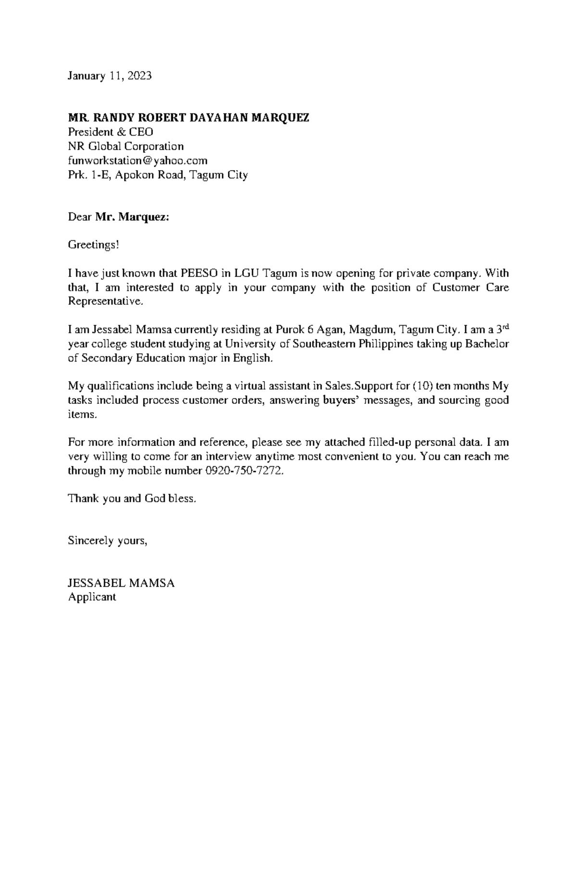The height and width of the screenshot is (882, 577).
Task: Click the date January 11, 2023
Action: [110, 76]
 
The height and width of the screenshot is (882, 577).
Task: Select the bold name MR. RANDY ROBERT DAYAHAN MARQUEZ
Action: [188, 118]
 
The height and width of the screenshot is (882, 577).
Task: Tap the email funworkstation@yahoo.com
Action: [138, 160]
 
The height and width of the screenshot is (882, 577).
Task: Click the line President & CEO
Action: [111, 132]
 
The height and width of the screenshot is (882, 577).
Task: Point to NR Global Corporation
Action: [125, 146]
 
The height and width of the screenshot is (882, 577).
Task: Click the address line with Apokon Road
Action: [158, 174]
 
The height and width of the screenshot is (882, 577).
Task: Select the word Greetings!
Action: [93, 245]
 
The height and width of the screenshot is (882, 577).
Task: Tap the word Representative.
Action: [105, 302]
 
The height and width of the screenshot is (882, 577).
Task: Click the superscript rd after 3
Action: [505, 326]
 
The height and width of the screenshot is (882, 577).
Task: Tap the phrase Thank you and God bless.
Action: [132, 498]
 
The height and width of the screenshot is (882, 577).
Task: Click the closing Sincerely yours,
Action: [107, 541]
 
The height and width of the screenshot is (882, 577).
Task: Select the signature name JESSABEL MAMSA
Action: [121, 584]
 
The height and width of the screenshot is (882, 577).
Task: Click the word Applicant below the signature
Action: [92, 597]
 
